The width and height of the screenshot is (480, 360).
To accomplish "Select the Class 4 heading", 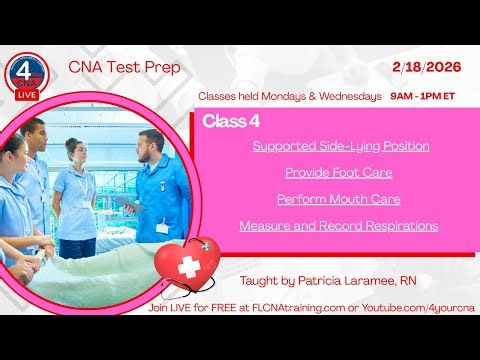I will (x=224, y=121).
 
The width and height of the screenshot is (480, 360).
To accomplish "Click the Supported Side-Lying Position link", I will (x=341, y=146).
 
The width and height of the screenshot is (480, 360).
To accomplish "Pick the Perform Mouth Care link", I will (x=338, y=199).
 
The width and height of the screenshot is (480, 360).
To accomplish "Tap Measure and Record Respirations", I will (x=338, y=226).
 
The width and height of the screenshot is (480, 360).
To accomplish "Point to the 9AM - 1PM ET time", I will (x=427, y=96).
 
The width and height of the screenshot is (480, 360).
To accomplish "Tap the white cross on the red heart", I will (x=187, y=266).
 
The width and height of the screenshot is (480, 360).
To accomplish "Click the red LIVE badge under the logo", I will (x=24, y=93).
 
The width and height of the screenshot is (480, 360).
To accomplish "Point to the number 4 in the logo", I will (x=23, y=73).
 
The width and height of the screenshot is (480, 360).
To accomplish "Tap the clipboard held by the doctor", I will (x=125, y=200).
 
